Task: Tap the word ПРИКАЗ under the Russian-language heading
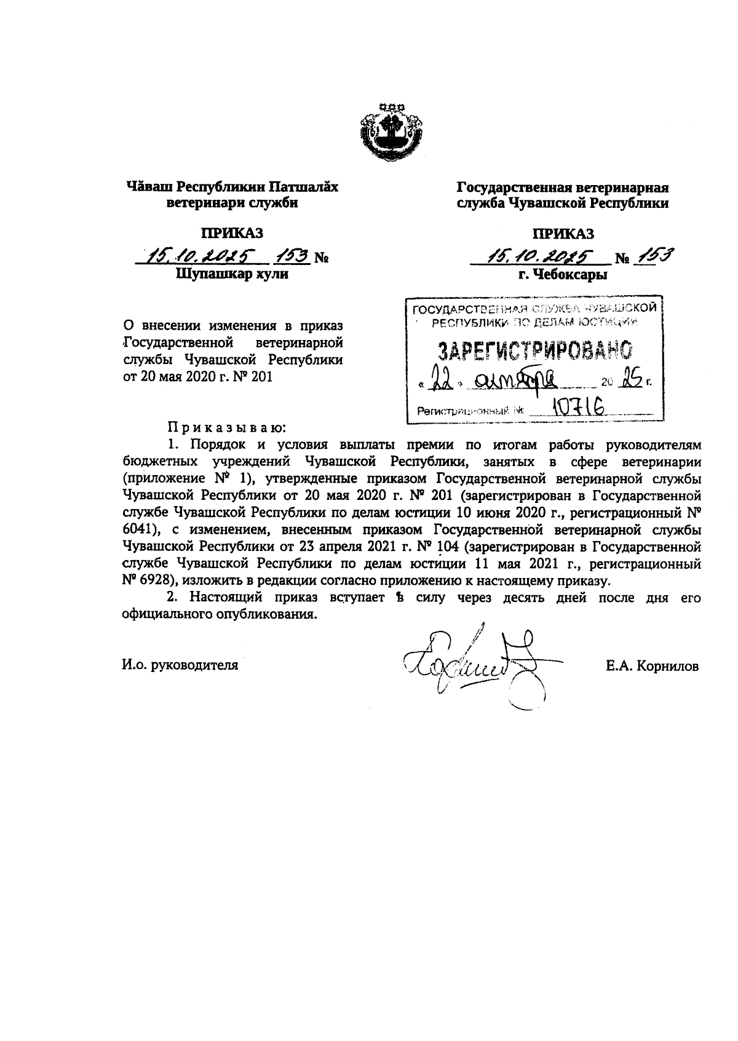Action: tap(563, 234)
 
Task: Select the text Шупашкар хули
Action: tap(232, 275)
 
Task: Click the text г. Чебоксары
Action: tap(563, 275)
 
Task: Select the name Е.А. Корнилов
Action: tap(651, 667)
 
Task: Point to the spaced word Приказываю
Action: tap(226, 427)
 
